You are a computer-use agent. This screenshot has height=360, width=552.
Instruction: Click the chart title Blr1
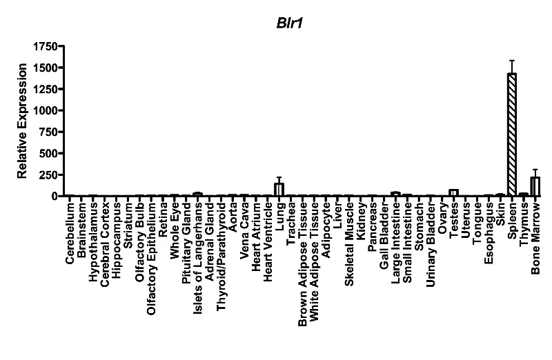click(x=289, y=23)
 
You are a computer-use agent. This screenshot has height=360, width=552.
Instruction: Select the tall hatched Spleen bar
click(x=512, y=134)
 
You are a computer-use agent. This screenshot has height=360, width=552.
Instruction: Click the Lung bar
click(x=279, y=190)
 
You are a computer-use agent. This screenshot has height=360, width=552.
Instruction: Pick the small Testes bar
click(x=454, y=193)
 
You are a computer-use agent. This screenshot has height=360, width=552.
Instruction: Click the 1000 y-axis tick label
click(x=46, y=110)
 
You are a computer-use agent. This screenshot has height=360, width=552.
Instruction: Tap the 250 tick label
click(x=48, y=175)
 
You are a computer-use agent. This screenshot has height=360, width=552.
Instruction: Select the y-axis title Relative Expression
click(x=22, y=121)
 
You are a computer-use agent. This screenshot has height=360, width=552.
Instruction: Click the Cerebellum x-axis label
click(x=70, y=233)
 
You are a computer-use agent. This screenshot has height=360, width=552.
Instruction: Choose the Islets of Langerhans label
click(x=198, y=258)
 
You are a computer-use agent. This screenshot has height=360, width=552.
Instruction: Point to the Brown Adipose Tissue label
click(x=302, y=265)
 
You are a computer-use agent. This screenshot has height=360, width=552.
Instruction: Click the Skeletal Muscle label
click(x=349, y=245)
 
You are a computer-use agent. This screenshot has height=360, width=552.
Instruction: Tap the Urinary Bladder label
click(x=431, y=245)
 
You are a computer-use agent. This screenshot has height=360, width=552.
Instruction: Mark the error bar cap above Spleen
click(x=512, y=61)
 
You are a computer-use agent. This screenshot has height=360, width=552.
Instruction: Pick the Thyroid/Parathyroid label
click(x=221, y=257)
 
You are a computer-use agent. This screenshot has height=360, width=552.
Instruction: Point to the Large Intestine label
click(x=395, y=243)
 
